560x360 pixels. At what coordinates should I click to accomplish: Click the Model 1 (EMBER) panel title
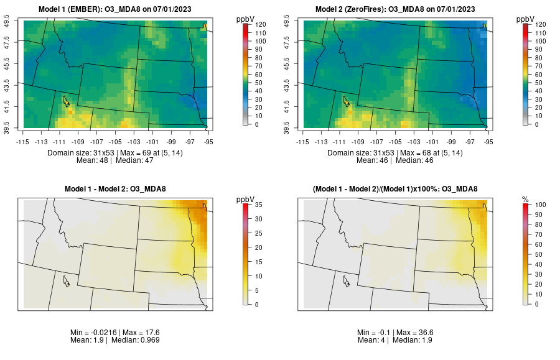click(118, 9)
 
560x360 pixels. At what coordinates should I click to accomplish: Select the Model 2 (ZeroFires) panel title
click(396, 9)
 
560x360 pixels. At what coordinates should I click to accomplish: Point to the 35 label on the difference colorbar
click(260, 204)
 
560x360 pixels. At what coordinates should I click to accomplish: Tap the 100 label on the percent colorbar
click(540, 204)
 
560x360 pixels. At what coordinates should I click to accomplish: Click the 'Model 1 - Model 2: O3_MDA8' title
click(118, 189)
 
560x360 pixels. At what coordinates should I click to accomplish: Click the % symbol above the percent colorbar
click(525, 199)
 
